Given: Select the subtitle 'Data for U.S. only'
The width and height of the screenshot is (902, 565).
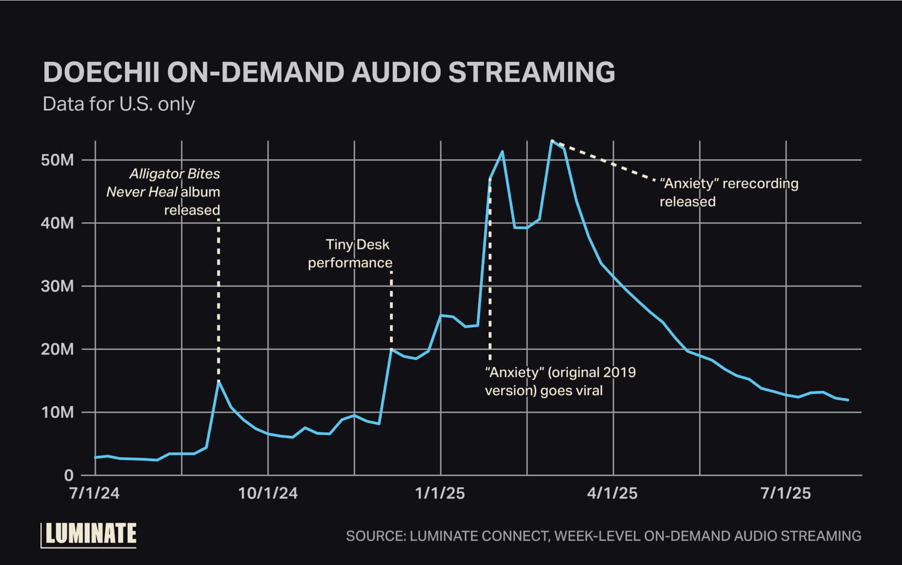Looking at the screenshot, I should tap(118, 104).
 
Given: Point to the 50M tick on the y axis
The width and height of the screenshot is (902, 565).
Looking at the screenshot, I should tap(57, 160).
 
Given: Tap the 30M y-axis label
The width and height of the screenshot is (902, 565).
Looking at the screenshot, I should tap(57, 286).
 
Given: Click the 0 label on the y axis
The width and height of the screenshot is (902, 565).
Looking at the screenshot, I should tap(68, 476).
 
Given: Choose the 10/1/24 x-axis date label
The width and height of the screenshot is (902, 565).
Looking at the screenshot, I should tap(268, 493).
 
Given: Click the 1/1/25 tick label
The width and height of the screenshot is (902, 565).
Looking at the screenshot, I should tap(440, 493).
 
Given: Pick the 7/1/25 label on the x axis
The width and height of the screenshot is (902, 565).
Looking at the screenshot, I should tap(786, 493).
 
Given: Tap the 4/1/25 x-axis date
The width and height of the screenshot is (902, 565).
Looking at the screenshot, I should tap(613, 493).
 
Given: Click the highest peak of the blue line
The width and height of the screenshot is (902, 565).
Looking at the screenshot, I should tap(551, 141).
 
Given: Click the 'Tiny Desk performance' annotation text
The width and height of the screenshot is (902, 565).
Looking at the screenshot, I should tap(350, 253).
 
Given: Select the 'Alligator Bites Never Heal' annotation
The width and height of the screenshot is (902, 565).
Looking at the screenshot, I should tap(163, 192).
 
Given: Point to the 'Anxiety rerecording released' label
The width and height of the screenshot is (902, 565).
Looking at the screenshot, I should tap(728, 192).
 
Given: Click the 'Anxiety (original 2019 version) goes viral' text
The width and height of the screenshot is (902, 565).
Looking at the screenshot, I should tap(560, 382).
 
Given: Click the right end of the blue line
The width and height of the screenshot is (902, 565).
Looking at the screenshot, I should tap(848, 400).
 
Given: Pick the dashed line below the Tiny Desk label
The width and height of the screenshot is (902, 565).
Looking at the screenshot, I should tap(392, 308).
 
